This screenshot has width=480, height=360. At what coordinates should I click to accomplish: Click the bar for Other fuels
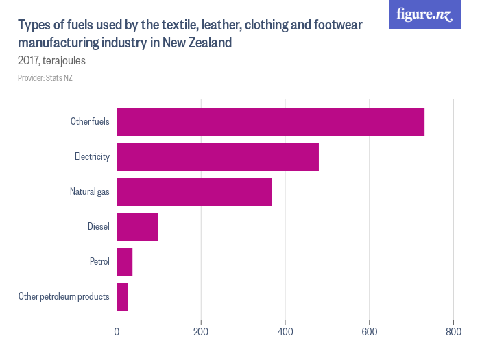point(270,122)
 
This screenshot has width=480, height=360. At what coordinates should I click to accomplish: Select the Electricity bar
point(217,157)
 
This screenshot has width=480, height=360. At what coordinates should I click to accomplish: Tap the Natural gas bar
point(194,192)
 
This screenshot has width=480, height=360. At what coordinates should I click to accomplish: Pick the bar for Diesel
point(137,227)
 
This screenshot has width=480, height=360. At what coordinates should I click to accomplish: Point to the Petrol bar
point(124,262)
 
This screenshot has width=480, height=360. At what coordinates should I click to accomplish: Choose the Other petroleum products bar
point(122,297)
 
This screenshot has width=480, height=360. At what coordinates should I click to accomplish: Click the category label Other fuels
point(90,122)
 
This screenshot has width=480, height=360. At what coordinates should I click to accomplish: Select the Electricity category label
point(92,157)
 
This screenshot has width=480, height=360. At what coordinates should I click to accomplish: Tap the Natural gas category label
point(89,192)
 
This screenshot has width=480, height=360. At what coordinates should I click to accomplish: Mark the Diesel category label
point(98,227)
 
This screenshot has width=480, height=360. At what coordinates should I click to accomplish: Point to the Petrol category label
point(99,262)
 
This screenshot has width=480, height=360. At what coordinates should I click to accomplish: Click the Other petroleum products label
point(64,297)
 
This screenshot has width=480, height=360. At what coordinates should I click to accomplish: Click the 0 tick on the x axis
point(117,331)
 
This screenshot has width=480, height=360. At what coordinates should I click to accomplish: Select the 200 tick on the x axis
point(201,331)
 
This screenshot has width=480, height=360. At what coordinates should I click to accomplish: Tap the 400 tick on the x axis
point(285,331)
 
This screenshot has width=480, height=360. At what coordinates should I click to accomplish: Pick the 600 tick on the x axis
point(370,331)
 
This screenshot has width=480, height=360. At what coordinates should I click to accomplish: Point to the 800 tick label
point(453,331)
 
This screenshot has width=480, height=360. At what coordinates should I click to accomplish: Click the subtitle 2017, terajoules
point(51,60)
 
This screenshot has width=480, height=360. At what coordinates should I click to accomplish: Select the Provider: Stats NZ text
point(45,78)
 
